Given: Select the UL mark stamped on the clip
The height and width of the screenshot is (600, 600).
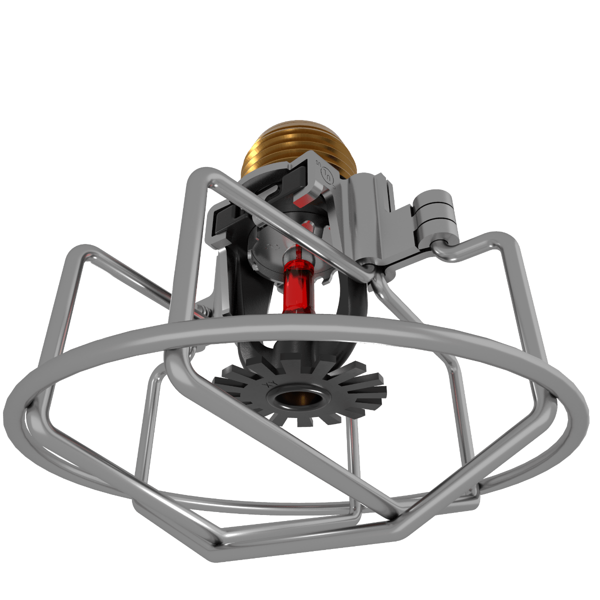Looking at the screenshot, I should click(x=327, y=174).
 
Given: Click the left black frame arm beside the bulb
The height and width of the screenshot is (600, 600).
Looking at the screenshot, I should click(x=227, y=280).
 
